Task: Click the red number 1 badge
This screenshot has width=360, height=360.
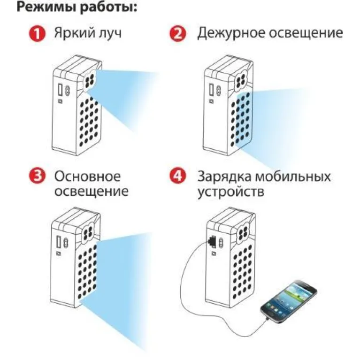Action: point(37,33)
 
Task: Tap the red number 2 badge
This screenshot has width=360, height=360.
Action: point(177,33)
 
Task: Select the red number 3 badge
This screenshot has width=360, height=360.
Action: point(37,176)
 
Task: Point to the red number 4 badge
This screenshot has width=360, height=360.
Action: point(177,176)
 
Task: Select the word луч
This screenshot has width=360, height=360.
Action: point(110,34)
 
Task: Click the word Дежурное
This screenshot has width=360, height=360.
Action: point(231,33)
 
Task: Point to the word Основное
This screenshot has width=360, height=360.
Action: point(87,176)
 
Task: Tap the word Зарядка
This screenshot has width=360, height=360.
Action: point(224,177)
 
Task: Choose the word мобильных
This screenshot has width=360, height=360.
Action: point(293,177)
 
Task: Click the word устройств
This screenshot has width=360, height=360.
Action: point(231,192)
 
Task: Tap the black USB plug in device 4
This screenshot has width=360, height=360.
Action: point(212,241)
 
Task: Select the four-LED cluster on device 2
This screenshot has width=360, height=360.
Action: point(241,82)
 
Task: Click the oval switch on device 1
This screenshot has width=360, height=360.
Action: point(68,90)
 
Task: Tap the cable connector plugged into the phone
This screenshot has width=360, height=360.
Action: point(268,319)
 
